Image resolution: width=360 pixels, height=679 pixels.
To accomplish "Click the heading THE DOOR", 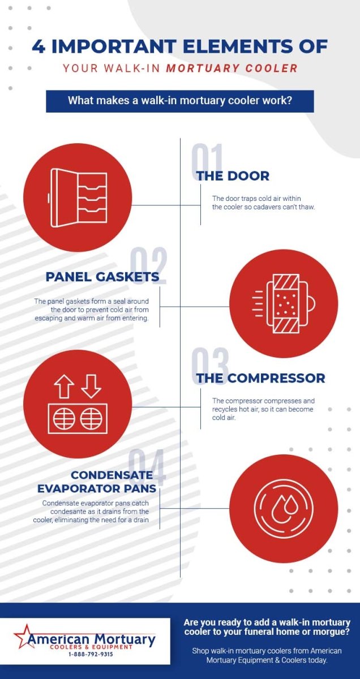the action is [x=233, y=176].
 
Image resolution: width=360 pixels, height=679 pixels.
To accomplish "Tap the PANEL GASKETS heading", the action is [x=102, y=277].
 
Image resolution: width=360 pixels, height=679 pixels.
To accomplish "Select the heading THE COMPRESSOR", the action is [x=260, y=378].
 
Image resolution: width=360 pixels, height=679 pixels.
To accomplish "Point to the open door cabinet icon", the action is [x=79, y=198].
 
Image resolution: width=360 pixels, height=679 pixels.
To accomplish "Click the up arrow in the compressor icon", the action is [x=64, y=386].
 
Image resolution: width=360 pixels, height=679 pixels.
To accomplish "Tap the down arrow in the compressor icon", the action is [x=91, y=386].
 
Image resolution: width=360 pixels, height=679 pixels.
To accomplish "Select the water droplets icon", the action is [x=284, y=508].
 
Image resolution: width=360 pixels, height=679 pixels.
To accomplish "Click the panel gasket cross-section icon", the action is [x=284, y=303].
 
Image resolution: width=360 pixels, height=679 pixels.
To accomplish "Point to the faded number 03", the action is [x=210, y=366].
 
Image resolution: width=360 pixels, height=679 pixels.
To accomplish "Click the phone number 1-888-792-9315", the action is [x=91, y=654].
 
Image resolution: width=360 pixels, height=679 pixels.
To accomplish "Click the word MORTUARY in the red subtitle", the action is [x=203, y=68].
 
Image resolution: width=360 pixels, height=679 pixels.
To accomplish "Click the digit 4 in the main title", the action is [x=38, y=46].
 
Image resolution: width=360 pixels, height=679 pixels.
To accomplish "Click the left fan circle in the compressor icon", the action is [x=64, y=419].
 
